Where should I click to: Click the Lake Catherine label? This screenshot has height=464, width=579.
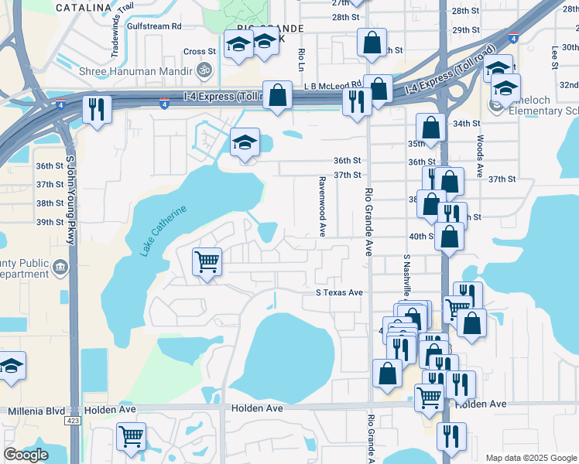pos(164,231)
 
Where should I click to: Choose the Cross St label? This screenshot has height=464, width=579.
pos(199,52)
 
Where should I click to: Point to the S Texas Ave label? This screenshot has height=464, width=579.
pos(339,293)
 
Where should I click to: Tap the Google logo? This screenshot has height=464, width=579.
pos(26,455)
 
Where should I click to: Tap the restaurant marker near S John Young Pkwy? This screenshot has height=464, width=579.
pos(97,108)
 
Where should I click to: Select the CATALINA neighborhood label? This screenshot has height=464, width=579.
pos(84,7)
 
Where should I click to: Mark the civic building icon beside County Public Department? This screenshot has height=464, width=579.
pos(60,268)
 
